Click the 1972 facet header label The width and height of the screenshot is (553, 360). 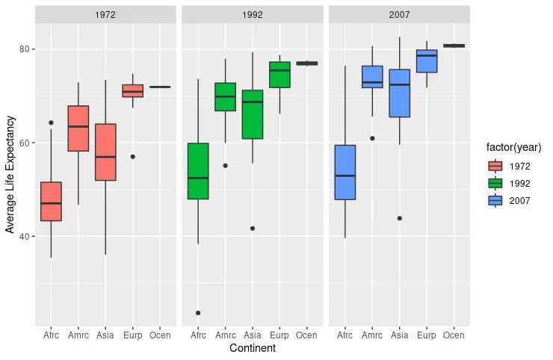click(x=105, y=14)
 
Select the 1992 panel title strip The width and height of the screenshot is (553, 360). click(x=252, y=14)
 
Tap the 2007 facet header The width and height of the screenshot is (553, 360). click(x=398, y=14)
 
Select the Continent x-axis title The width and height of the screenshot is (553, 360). click(x=252, y=348)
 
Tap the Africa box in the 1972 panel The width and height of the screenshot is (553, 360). click(x=51, y=201)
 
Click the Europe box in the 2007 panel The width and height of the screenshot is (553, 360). click(x=426, y=61)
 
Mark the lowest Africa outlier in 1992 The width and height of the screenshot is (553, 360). click(x=198, y=313)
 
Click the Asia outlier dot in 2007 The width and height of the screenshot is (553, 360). click(x=399, y=218)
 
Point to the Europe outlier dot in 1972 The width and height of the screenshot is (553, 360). click(x=132, y=157)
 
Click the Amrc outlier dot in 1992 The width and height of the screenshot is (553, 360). click(x=225, y=166)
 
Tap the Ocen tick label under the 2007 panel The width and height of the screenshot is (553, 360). click(x=453, y=335)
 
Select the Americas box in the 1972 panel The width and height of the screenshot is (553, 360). click(x=78, y=128)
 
